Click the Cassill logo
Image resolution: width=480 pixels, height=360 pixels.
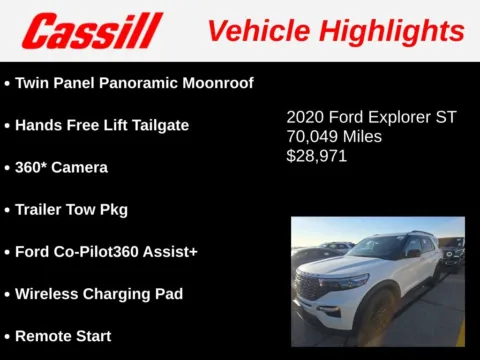(x=91, y=31)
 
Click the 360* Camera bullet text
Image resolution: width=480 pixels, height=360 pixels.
(x=61, y=167)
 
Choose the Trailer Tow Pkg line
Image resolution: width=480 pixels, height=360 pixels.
(x=71, y=210)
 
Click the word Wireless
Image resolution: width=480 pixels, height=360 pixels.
(x=48, y=294)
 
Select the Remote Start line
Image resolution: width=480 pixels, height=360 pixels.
(x=63, y=336)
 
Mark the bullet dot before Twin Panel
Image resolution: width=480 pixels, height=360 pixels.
(x=7, y=83)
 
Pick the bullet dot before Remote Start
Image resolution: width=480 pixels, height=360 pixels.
(x=7, y=336)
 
